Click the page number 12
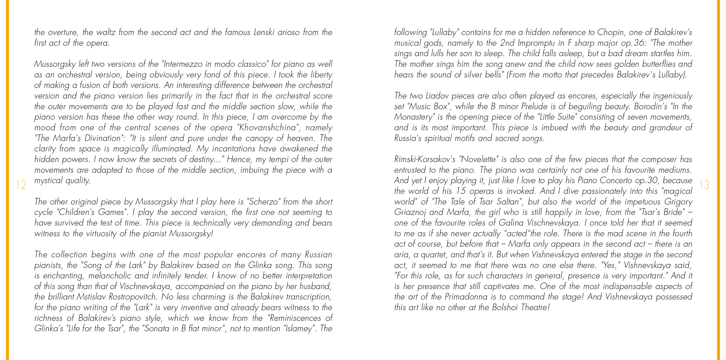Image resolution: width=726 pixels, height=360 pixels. pyautogui.click(x=21, y=185)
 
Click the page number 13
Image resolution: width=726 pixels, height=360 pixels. pyautogui.click(x=704, y=185)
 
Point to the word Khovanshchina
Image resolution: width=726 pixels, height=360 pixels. pyautogui.click(x=267, y=128)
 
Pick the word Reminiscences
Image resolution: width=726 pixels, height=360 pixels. pyautogui.click(x=295, y=318)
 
